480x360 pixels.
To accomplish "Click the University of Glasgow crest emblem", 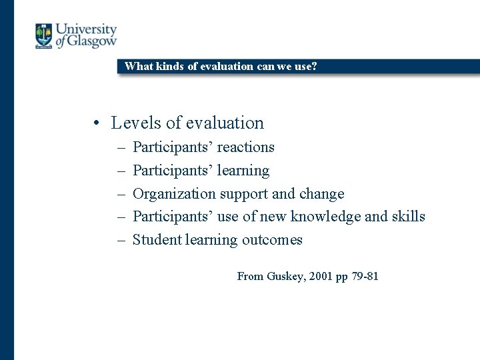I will point(44,36).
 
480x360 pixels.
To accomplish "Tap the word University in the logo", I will point(86,29).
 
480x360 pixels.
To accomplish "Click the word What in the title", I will point(138,66).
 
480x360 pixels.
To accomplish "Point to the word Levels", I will point(136,123).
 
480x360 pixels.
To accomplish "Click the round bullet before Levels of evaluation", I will point(97,123).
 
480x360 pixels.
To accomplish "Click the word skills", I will point(408,217).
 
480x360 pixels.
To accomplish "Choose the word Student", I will point(155,240).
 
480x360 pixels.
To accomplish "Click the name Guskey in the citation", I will point(285,276).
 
